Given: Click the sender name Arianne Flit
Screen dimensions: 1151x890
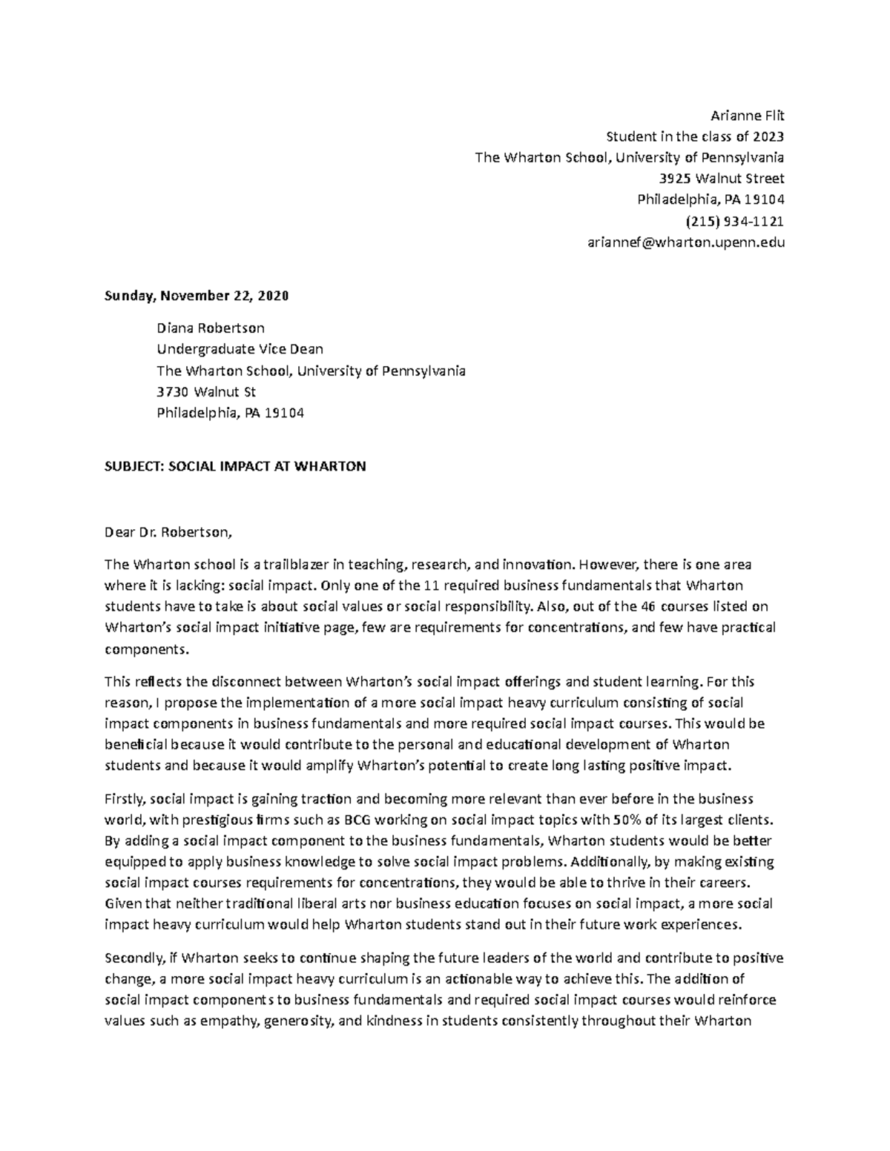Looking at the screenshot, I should [747, 116].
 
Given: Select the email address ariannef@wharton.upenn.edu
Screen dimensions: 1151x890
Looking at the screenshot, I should [685, 242].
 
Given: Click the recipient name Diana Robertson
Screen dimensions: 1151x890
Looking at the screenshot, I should [210, 328].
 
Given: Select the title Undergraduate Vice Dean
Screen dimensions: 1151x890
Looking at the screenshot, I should [240, 349].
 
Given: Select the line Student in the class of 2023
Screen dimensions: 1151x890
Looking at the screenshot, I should [694, 136].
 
